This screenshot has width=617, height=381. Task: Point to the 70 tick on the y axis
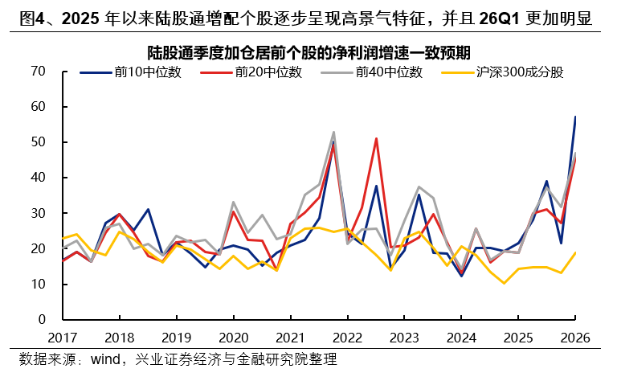(37, 71)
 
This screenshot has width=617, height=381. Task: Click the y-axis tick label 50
(37, 142)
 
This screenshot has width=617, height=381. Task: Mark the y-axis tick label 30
(37, 213)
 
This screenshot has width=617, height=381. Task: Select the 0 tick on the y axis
(41, 319)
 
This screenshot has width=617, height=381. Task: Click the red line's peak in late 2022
(376, 138)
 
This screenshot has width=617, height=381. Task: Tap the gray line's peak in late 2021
(333, 132)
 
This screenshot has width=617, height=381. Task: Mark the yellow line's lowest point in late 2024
(505, 283)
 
